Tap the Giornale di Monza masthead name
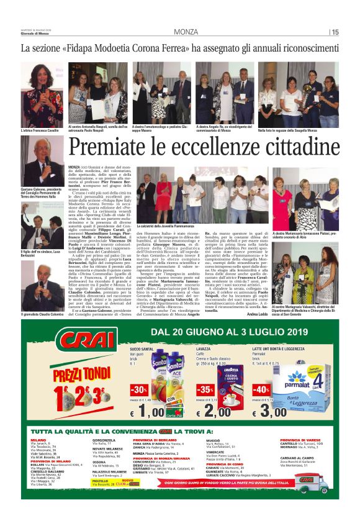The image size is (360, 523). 35,34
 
